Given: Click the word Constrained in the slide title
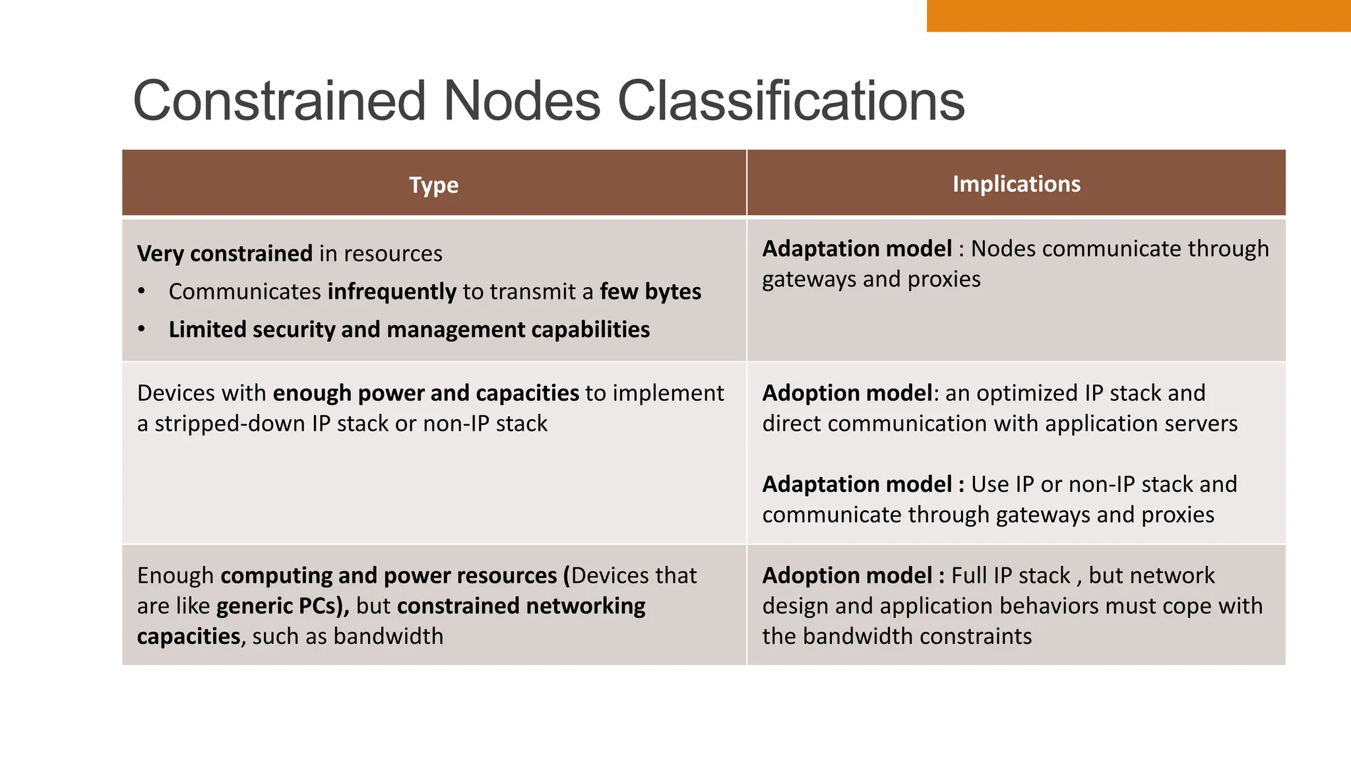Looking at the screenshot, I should [x=279, y=101].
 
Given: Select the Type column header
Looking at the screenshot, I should [x=433, y=185].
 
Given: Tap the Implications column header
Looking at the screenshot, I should [x=1016, y=184].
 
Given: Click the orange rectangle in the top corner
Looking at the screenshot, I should [x=1138, y=15].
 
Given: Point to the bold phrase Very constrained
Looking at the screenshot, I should [x=224, y=254].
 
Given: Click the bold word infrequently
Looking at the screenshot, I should [x=392, y=292].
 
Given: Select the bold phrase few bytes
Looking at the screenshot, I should [x=650, y=292].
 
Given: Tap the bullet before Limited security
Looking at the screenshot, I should [x=141, y=329].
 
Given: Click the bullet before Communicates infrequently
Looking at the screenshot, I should [x=141, y=292].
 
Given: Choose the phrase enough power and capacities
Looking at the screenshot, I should [x=425, y=393].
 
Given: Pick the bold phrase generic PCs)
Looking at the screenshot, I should [x=282, y=606].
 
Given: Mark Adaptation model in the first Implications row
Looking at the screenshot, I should [x=857, y=249].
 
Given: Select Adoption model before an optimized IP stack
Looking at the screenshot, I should [x=848, y=393].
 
